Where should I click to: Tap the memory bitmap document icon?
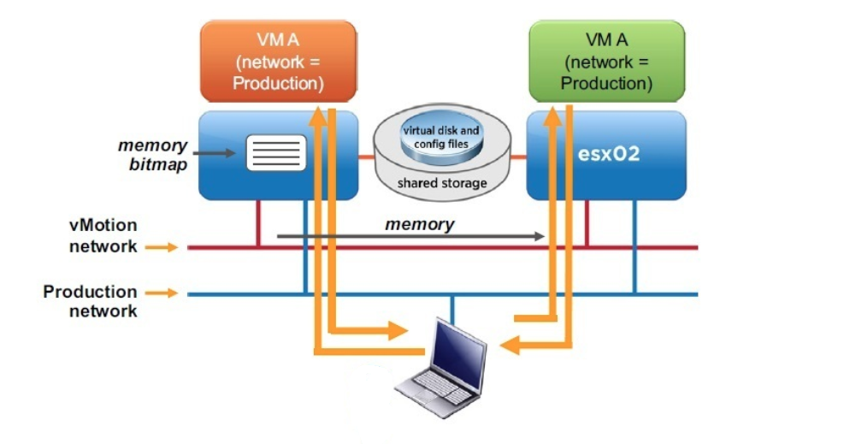pos(275,153)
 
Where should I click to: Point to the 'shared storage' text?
pos(441,183)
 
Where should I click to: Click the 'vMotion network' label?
pos(103,236)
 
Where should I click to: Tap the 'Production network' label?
pos(90,301)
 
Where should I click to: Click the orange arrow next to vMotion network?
pos(162,247)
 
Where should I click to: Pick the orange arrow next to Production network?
pos(162,293)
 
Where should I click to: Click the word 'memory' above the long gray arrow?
pos(420,224)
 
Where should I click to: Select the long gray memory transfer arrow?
pos(410,236)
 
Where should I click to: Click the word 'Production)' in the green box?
pos(606,83)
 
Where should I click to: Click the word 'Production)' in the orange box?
pos(278,83)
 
